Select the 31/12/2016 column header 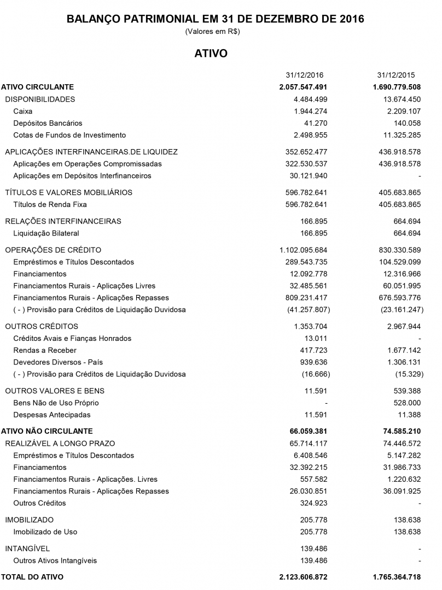point(305,75)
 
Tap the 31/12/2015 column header point(396,75)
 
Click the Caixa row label point(23,111)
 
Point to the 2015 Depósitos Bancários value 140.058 point(405,123)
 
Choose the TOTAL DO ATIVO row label point(32,577)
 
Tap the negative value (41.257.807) point(309,310)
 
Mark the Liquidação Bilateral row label point(46,234)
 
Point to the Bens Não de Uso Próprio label point(56,403)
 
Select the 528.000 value point(408,403)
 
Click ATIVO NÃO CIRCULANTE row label point(47,431)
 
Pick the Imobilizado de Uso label point(45,532)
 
